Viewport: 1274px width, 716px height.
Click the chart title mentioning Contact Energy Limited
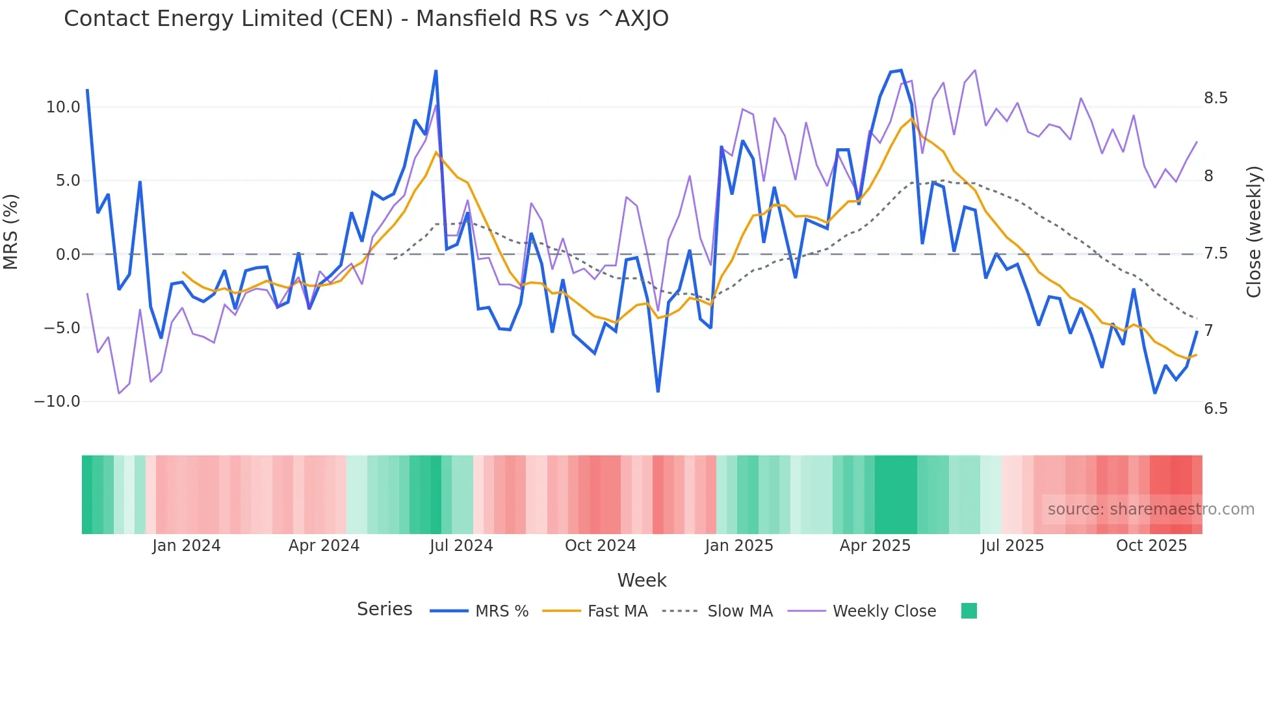coord(366,19)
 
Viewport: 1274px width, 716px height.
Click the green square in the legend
coord(968,611)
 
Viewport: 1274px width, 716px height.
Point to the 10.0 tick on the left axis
coord(63,107)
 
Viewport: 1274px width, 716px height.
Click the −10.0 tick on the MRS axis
coord(57,402)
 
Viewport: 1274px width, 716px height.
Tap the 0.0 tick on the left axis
coord(68,255)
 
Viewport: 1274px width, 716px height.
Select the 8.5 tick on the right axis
coord(1215,98)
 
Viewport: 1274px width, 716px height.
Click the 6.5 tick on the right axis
coord(1215,409)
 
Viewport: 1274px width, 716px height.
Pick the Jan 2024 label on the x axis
coord(187,546)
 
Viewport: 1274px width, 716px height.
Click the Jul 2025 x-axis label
coord(1012,546)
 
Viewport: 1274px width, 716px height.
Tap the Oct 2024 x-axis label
coord(600,546)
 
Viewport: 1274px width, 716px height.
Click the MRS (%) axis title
coord(11,232)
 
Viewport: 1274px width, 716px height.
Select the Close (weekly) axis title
coord(1254,232)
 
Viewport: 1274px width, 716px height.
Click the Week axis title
coord(642,580)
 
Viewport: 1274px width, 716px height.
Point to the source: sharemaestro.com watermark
coord(1150,509)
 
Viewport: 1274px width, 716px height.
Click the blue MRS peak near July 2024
coord(435,71)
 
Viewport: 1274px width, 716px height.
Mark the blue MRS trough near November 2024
coord(658,391)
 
